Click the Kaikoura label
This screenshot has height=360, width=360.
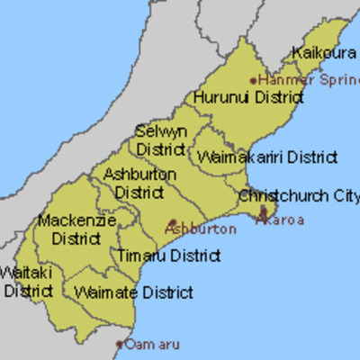325,53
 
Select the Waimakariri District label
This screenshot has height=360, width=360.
267,157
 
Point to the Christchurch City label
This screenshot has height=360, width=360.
299,196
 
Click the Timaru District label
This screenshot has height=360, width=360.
168,256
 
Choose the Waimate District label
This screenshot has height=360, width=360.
134,292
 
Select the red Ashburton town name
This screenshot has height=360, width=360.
201,229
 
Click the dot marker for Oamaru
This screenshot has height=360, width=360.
120,343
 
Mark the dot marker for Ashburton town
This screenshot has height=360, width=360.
172,220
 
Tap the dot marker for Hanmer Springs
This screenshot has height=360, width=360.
253,80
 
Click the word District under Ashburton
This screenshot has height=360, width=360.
139,193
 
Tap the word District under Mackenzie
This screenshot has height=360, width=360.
76,238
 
